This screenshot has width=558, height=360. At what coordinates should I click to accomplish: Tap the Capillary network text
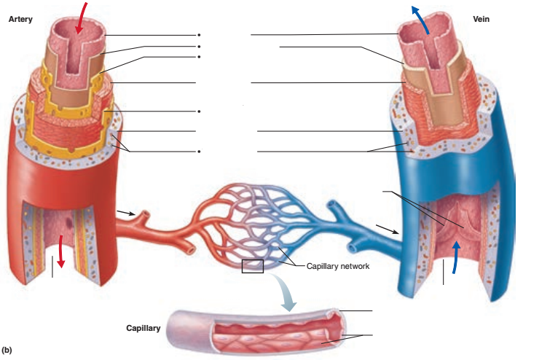click(337, 267)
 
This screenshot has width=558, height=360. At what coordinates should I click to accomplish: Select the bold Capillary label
click(143, 329)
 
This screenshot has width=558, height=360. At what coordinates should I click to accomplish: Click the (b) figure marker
click(7, 351)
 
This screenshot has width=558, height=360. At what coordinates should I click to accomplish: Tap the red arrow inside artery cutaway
click(62, 252)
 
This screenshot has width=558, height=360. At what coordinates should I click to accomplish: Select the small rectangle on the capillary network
click(252, 266)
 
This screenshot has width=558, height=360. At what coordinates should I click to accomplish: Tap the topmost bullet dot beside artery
click(197, 35)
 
